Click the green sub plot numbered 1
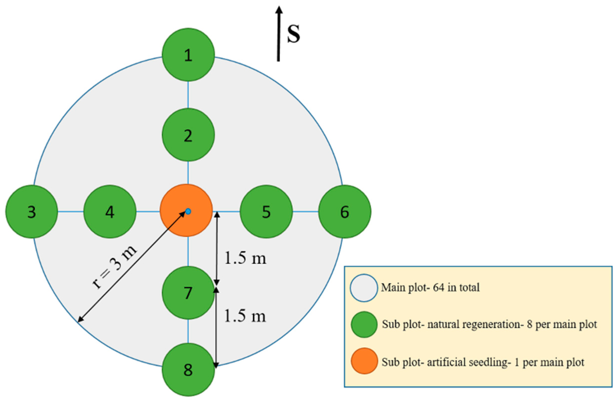(188, 55)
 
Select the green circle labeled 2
(188, 135)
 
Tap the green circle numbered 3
(32, 211)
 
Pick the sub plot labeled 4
(110, 211)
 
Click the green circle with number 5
(266, 211)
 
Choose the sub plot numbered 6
(344, 211)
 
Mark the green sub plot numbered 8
(188, 369)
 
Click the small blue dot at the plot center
(188, 211)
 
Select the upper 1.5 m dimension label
(245, 258)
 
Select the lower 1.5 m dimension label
(245, 316)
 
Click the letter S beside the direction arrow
(294, 34)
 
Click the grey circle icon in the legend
(364, 288)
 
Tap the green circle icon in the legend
(364, 324)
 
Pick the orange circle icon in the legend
(364, 361)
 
